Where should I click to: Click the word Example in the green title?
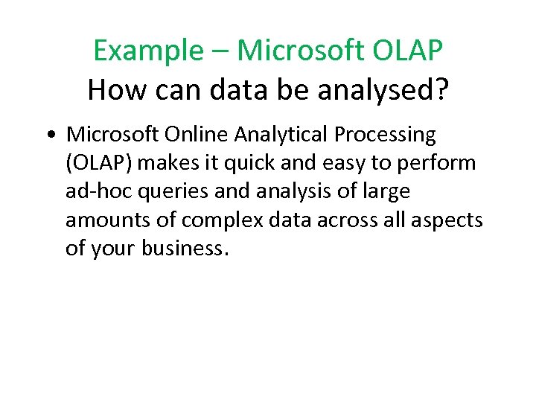click(x=147, y=51)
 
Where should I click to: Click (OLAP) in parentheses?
click(x=99, y=163)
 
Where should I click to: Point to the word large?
click(x=384, y=191)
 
